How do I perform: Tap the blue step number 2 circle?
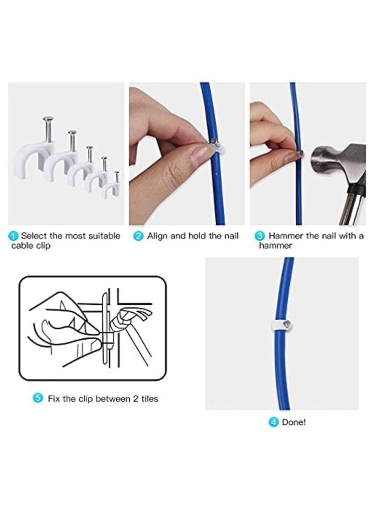[139, 236]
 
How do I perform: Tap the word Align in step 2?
[158, 236]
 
